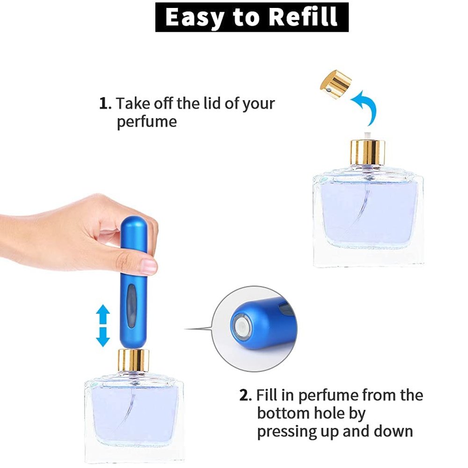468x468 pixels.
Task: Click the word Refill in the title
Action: click(303, 17)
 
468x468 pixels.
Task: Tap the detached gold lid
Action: click(336, 84)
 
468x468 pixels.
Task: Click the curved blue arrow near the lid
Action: click(366, 107)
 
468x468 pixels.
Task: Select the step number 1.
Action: click(105, 103)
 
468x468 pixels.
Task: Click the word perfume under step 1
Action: click(146, 122)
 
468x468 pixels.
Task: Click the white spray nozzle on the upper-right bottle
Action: click(367, 135)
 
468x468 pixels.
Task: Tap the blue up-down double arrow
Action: click(103, 325)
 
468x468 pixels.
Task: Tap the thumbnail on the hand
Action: click(148, 266)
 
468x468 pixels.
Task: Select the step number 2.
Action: click(245, 395)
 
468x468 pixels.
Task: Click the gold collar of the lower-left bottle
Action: click(133, 360)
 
